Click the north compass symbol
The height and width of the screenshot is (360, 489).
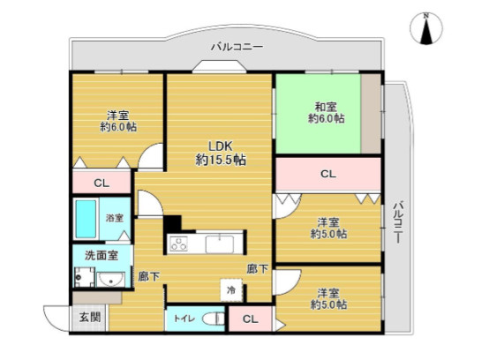point(428,29)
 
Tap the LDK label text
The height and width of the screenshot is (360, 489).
point(220,146)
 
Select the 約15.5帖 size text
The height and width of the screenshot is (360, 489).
point(220,160)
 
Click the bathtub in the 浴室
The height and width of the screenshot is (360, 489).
point(87,217)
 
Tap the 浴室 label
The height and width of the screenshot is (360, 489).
point(115,217)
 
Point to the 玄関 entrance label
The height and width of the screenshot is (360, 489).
point(89,318)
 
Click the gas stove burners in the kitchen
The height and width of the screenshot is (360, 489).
point(179,244)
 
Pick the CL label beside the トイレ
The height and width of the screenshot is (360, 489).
point(250,319)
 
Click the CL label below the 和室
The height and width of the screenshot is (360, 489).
point(327,174)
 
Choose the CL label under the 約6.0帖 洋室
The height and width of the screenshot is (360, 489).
point(101,183)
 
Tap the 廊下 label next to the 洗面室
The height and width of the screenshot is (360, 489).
point(147,277)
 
